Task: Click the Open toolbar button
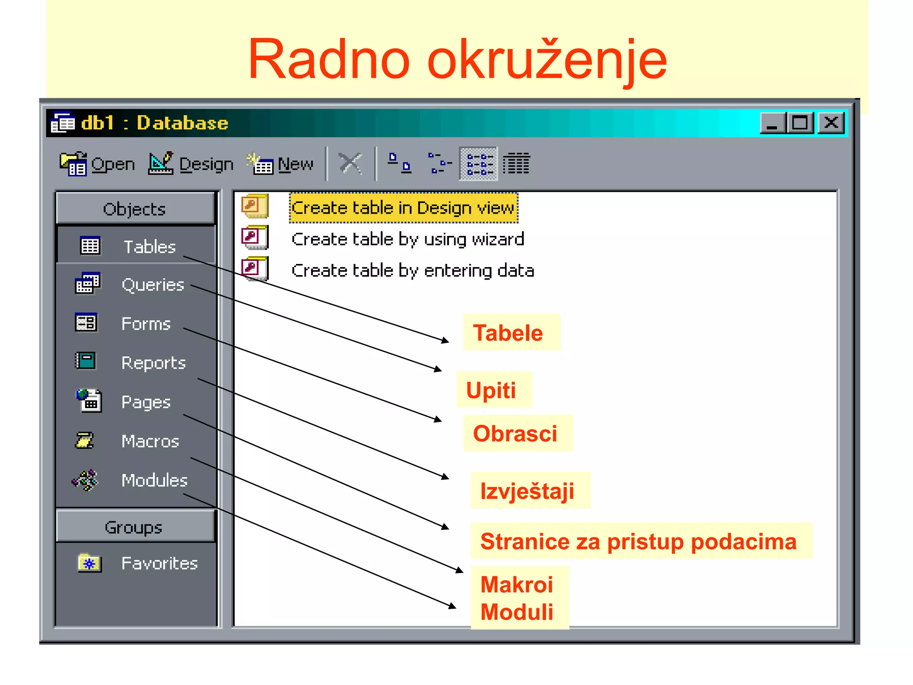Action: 97,164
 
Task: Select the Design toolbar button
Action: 191,164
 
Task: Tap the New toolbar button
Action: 280,164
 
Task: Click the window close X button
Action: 831,123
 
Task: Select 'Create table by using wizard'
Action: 407,239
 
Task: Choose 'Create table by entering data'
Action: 412,271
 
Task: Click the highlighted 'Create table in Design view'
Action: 403,208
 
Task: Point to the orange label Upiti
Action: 491,390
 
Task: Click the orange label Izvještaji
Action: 527,491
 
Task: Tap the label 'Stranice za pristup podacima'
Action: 638,541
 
